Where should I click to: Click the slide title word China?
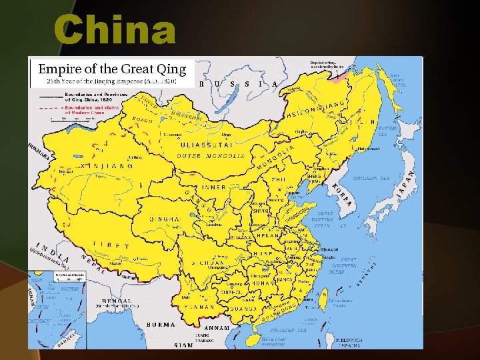pyautogui.click(x=115, y=31)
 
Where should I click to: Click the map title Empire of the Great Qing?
pyautogui.click(x=111, y=69)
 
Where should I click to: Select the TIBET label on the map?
pyautogui.click(x=111, y=245)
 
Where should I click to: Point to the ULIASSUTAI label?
pyautogui.click(x=207, y=144)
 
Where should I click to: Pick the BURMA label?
pyautogui.click(x=160, y=325)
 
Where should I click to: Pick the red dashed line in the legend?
pyautogui.click(x=49, y=107)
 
